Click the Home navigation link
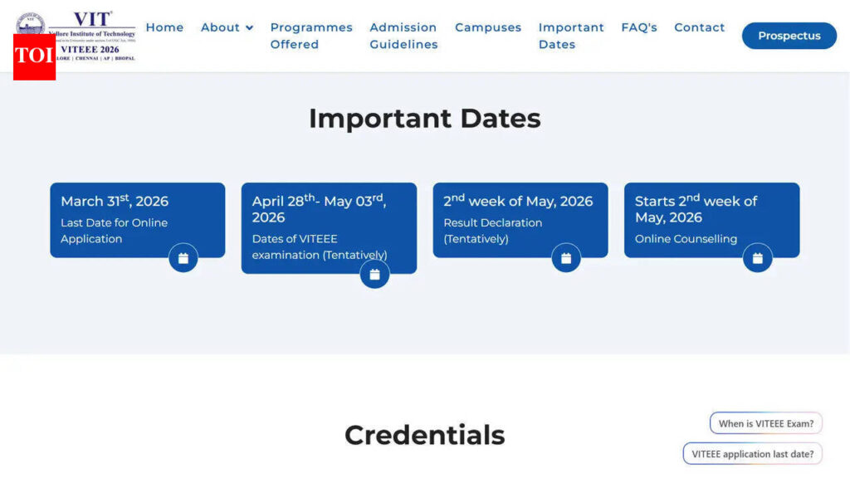tap(164, 27)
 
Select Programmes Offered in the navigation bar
tap(311, 36)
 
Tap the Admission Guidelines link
tap(403, 36)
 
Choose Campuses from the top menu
tap(488, 27)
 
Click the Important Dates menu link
tap(571, 36)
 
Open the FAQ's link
tap(639, 27)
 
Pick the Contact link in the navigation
tap(699, 27)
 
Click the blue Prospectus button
tap(789, 36)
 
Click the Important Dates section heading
tap(424, 119)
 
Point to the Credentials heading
tap(424, 435)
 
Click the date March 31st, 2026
tap(115, 202)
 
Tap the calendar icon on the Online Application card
tap(183, 258)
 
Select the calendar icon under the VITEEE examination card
tap(374, 274)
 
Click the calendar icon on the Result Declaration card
tap(566, 258)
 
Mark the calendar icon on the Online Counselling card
tap(757, 258)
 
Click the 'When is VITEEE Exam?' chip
tap(765, 423)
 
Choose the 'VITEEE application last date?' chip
tap(752, 454)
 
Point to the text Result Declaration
tap(492, 222)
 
